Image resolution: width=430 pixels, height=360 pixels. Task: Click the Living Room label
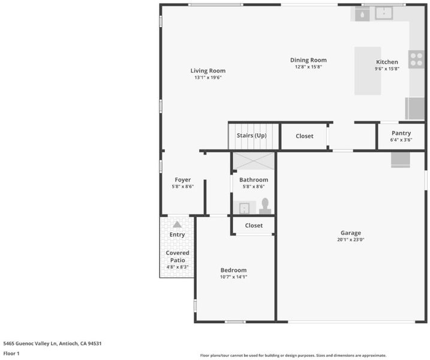208,71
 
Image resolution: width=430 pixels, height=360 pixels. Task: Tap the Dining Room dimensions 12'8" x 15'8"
308,67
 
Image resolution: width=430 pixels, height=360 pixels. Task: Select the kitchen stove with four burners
416,59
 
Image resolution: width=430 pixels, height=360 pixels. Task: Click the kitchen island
368,71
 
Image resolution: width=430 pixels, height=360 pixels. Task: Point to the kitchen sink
384,13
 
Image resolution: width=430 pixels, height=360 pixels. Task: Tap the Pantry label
401,133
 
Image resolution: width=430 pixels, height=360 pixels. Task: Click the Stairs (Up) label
251,136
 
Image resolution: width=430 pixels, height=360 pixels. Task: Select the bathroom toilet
265,206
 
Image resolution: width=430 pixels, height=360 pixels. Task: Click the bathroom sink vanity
245,208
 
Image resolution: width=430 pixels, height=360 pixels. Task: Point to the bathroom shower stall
254,161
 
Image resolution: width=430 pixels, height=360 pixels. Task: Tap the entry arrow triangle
177,224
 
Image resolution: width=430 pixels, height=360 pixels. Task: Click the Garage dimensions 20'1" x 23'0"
351,239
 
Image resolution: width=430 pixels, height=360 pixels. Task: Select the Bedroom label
233,270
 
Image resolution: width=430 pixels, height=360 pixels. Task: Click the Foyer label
183,180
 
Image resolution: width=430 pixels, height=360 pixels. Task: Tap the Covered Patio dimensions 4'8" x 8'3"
178,267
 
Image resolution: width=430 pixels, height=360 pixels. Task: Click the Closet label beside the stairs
305,136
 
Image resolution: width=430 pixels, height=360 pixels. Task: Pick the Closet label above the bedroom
254,226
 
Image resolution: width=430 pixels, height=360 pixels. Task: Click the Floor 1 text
11,353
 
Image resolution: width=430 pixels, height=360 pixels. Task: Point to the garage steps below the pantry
401,160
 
